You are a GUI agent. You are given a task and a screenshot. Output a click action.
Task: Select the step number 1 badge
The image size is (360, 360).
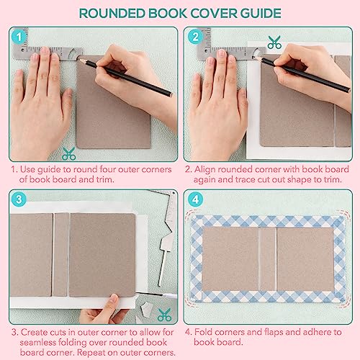point(19,37)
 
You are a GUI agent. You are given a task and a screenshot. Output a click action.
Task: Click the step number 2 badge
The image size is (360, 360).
point(194,37)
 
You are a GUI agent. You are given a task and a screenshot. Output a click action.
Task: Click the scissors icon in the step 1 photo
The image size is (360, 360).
point(69,153)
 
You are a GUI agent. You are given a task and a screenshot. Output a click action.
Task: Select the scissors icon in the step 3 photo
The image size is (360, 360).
point(164,314)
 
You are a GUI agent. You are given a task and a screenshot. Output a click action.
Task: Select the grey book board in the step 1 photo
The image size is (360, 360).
point(104,108)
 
